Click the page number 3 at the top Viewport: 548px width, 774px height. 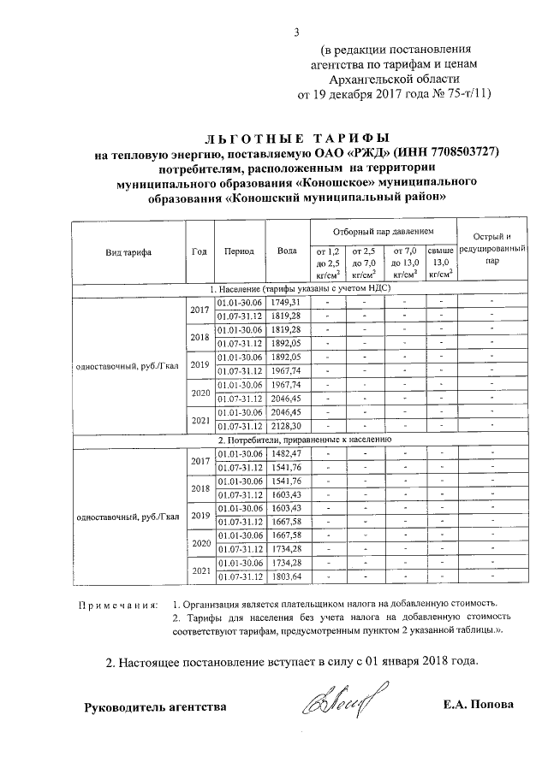(296, 33)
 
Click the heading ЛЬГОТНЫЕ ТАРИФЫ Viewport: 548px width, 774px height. (295, 137)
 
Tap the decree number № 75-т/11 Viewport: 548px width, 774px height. (454, 94)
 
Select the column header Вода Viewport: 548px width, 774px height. (288, 251)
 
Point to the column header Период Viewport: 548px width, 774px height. (239, 251)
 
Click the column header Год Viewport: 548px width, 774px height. (199, 251)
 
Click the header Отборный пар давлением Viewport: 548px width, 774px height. (383, 232)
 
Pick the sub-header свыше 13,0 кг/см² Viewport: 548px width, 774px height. (440, 263)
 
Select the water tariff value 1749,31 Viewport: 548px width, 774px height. (286, 303)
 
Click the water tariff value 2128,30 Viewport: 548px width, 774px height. (286, 425)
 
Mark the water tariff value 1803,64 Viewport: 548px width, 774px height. (286, 576)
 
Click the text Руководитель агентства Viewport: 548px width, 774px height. (155, 706)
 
